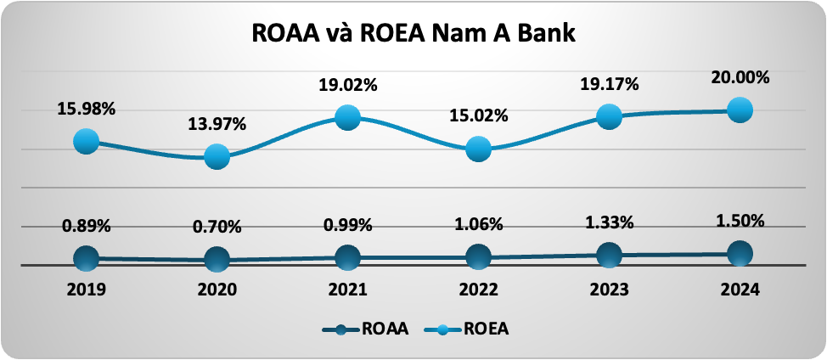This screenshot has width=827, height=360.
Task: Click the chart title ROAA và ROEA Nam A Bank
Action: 413,36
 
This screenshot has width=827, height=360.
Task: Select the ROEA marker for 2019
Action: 86,142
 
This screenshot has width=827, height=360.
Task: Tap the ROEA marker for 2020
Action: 217,156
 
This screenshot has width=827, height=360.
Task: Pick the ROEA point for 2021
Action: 348,118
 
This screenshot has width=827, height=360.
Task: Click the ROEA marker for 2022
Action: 479,149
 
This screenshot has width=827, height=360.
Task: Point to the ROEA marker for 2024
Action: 740,110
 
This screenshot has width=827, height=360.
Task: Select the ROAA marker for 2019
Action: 86,258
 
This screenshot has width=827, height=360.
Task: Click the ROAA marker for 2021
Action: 348,257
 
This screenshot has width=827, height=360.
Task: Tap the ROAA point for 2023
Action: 610,254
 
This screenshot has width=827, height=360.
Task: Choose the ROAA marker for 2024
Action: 740,252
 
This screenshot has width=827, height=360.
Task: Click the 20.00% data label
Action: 740,77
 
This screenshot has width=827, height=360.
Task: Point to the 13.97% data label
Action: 217,124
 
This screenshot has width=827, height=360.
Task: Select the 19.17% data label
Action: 610,84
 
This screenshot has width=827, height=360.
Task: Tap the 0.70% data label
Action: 217,227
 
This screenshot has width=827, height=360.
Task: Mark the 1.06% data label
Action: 479,225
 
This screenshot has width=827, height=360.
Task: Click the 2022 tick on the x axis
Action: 479,289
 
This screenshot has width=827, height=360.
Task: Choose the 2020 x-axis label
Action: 217,289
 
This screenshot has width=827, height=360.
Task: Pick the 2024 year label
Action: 740,289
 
